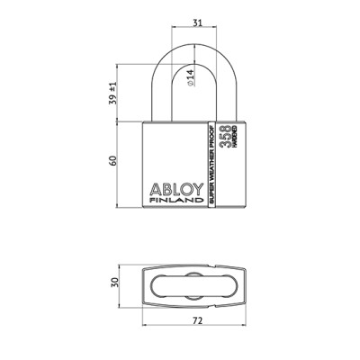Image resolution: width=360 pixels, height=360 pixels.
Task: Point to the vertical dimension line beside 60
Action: tap(123, 163)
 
